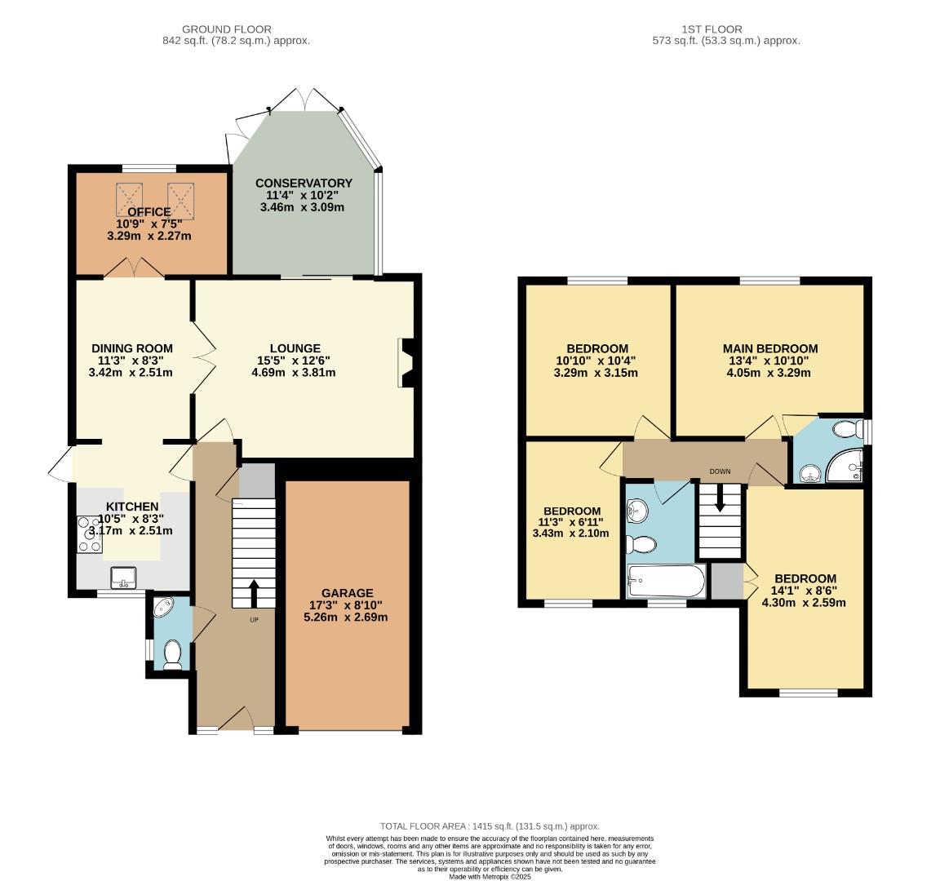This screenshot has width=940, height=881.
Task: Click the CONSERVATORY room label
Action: pyautogui.click(x=304, y=183)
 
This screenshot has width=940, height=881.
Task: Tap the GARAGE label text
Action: pyautogui.click(x=347, y=593)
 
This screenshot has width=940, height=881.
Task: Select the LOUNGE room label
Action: pyautogui.click(x=295, y=348)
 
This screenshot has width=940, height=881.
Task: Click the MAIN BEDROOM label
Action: pyautogui.click(x=773, y=348)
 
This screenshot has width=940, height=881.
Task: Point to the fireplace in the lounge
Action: pyautogui.click(x=406, y=361)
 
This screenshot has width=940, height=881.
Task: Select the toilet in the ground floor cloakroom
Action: pyautogui.click(x=172, y=654)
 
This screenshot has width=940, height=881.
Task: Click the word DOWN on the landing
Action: pyautogui.click(x=720, y=471)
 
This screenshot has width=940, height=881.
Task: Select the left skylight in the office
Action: pyautogui.click(x=130, y=197)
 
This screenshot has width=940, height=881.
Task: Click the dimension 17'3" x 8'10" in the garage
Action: pyautogui.click(x=347, y=605)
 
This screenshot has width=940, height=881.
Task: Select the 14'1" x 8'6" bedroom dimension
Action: pyautogui.click(x=805, y=591)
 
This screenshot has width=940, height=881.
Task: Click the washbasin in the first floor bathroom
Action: pyautogui.click(x=636, y=512)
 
